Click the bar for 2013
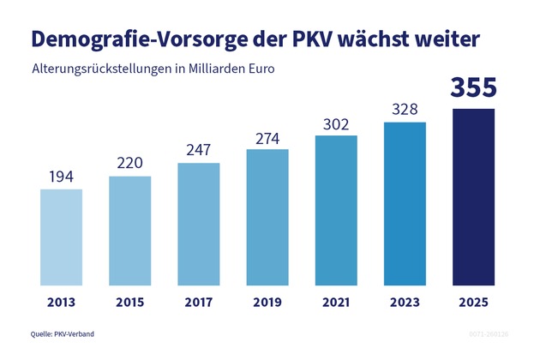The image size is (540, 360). tap(62, 237)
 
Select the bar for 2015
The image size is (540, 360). tap(130, 231)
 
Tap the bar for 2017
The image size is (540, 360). tap(199, 224)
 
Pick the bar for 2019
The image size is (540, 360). tap(267, 217)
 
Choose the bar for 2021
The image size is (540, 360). tap(336, 210)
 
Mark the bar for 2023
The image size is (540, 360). tap(405, 203)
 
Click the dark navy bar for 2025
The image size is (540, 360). tap(474, 196)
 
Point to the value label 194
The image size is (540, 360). tap(62, 177)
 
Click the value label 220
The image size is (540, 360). tap(130, 164)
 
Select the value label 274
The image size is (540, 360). tap(267, 137)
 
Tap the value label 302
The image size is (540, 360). tap(336, 123)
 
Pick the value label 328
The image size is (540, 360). tap(405, 110)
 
